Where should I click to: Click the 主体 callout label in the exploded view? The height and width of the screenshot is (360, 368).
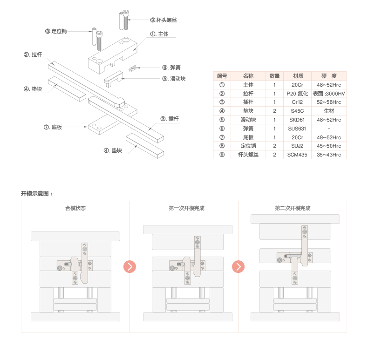(159, 34)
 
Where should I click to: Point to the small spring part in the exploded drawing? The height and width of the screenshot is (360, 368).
(133, 68)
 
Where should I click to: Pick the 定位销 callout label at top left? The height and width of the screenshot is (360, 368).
(56, 31)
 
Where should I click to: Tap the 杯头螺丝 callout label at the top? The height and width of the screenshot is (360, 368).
(164, 20)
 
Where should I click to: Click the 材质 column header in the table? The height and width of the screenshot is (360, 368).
(298, 76)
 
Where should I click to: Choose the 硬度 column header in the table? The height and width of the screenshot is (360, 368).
(329, 76)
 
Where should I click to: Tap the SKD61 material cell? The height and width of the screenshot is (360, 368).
(298, 120)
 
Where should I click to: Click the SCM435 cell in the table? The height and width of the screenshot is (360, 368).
(298, 155)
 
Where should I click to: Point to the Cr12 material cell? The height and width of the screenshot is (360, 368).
(298, 102)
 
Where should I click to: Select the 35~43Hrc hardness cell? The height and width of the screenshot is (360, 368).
(329, 155)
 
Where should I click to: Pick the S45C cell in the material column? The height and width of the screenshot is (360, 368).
(298, 111)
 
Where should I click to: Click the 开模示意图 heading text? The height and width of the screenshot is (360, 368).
(37, 193)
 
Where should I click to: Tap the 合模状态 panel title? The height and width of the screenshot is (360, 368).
(75, 208)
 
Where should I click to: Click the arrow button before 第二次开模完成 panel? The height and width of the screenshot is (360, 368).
(239, 267)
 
